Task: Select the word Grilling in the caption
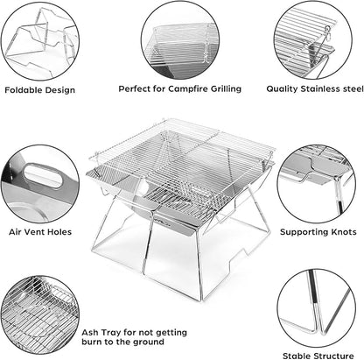(x=226, y=89)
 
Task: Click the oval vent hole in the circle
(x=43, y=175)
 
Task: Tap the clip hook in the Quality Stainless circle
(x=327, y=32)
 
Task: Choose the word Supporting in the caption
(x=304, y=232)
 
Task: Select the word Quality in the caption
(x=283, y=89)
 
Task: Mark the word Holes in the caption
(x=59, y=232)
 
